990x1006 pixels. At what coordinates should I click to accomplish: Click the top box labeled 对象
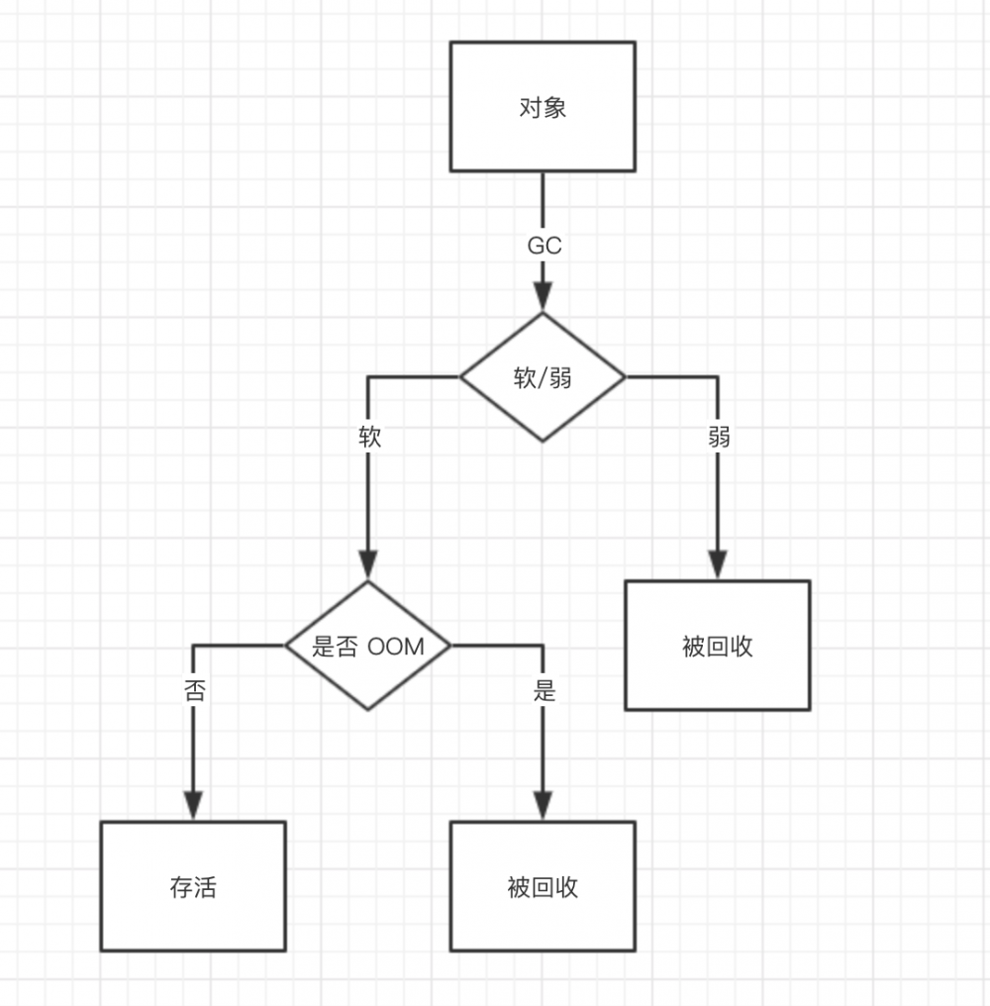pos(543,106)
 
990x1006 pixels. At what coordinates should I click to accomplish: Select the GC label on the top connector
pos(544,246)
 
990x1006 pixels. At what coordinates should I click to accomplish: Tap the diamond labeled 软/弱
pos(543,377)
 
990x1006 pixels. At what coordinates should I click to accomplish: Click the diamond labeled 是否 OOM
pos(368,646)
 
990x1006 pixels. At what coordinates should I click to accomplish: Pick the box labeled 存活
pos(193,886)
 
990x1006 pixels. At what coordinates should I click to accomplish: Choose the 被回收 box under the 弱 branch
pos(717,646)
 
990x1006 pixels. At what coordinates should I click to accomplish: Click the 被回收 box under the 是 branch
pos(543,886)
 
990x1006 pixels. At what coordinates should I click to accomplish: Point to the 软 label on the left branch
pos(369,438)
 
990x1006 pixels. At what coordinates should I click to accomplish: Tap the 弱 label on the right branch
pos(719,438)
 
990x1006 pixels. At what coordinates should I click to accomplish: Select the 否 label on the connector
pos(194,691)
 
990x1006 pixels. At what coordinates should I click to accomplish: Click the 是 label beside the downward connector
pos(544,691)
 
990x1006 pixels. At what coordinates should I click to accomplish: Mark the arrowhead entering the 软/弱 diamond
pos(543,298)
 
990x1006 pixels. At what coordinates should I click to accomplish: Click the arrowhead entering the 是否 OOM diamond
pos(368,566)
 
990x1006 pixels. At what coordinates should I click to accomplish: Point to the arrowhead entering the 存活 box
pos(193,807)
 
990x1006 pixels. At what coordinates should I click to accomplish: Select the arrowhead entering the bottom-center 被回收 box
pos(543,807)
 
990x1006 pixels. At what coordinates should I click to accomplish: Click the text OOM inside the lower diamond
pos(396,647)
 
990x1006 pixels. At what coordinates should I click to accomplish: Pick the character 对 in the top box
pos(530,107)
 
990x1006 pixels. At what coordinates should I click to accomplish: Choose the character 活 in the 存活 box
pos(205,887)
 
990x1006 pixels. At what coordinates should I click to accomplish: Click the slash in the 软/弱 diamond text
pos(543,378)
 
